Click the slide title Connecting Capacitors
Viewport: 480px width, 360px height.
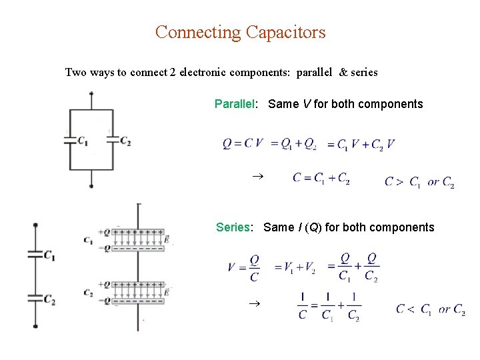pos(240,32)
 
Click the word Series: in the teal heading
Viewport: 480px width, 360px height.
pos(234,227)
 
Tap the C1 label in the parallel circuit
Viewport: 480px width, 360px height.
pos(83,141)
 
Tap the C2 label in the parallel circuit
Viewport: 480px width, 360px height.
pos(125,141)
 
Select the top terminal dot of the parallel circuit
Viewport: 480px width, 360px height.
pos(91,93)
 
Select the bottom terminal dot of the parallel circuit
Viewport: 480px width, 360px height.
pos(91,187)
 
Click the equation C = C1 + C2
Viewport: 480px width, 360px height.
pos(321,178)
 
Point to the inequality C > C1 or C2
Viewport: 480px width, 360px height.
pos(419,181)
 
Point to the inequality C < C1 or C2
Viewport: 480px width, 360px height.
pos(430,309)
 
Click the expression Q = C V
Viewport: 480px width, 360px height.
pos(243,143)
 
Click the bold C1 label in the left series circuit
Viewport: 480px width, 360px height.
pos(49,255)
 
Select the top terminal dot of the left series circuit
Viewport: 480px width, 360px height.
pos(35,225)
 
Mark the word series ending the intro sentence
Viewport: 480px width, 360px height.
pos(364,72)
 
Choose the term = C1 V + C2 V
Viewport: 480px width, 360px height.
pos(361,144)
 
